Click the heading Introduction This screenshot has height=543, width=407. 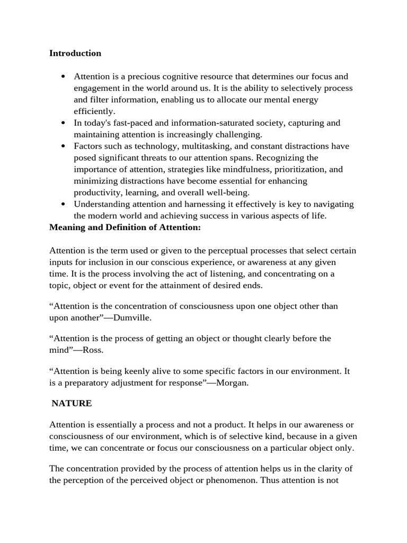[75, 53]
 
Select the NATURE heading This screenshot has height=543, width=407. [72, 403]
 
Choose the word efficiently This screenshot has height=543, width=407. [94, 111]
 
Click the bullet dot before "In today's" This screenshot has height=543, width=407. [63, 123]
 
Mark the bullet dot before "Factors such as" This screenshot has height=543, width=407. [63, 146]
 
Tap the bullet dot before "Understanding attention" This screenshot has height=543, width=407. [63, 205]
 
